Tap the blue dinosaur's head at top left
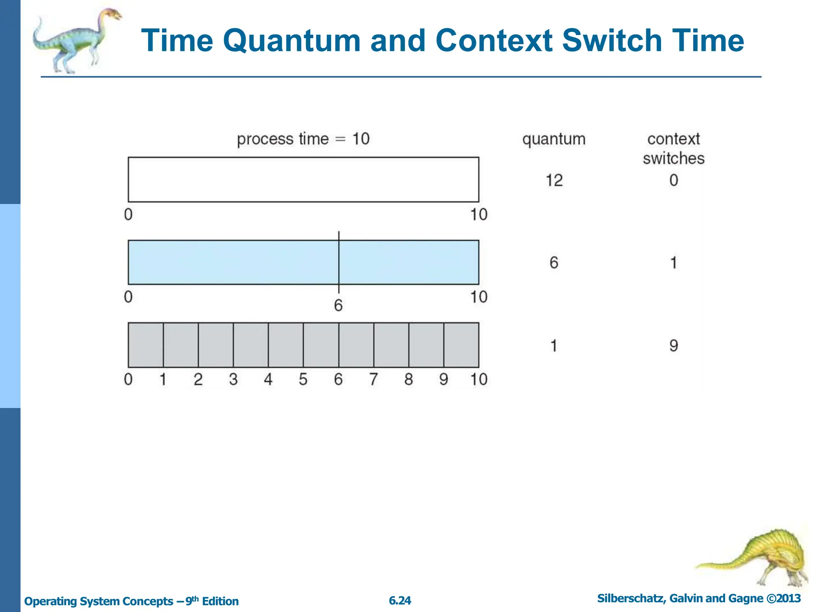click(113, 15)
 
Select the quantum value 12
click(554, 180)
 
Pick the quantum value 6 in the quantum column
click(554, 263)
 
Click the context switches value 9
click(673, 345)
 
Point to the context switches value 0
click(673, 180)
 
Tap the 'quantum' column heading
click(554, 139)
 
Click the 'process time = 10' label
click(303, 139)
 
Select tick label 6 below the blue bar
click(338, 306)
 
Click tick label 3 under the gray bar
click(233, 379)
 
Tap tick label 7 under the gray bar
click(373, 379)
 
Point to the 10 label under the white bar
click(479, 215)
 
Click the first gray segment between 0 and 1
click(145, 345)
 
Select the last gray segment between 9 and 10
click(461, 345)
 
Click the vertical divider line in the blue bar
click(339, 262)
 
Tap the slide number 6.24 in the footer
click(400, 600)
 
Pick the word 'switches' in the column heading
click(673, 159)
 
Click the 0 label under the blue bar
click(128, 297)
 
